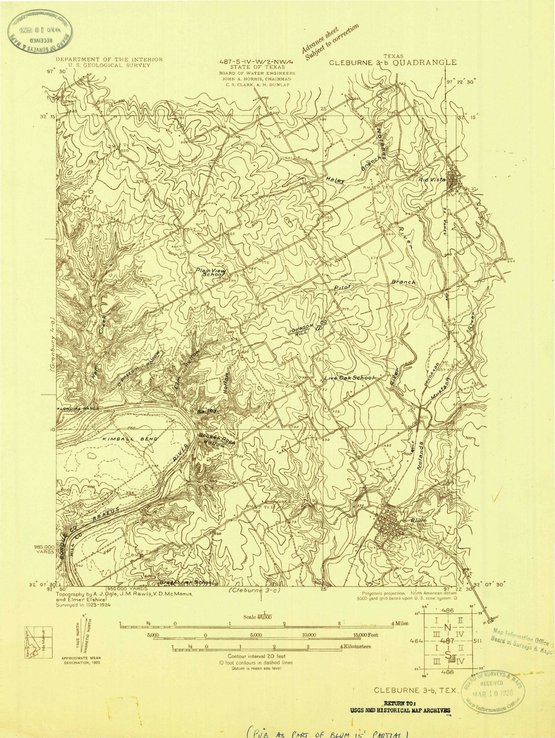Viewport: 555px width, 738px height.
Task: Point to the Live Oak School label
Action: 349,378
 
